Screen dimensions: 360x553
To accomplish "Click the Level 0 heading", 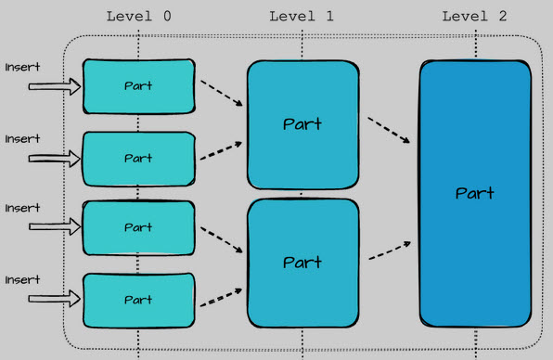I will coord(138,17).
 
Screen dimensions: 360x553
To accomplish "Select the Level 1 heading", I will coord(301,17).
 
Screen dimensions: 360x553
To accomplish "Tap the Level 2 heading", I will coord(475,17).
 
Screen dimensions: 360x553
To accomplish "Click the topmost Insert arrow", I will coord(55,87).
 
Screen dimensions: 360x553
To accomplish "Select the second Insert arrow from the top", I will coord(55,159).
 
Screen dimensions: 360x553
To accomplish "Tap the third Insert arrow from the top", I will coord(55,228).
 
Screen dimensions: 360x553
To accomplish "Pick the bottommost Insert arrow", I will coord(55,299).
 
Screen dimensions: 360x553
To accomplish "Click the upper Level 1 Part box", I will coord(302,124).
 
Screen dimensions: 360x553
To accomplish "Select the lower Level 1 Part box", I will coord(302,264).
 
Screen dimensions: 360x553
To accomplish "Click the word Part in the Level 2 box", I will coord(475,194).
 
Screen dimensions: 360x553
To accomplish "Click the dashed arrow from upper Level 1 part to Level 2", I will coord(389,129).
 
